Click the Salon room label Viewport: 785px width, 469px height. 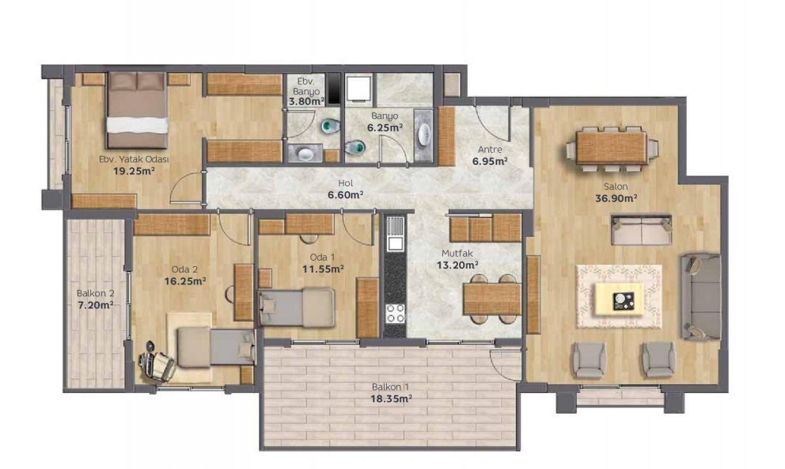click(616, 186)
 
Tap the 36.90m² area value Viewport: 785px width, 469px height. click(616, 198)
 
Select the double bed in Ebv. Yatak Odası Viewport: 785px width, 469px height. click(137, 110)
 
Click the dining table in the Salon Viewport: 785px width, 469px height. click(611, 147)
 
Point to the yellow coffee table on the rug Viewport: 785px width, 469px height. click(619, 299)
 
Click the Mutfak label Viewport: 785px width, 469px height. click(457, 254)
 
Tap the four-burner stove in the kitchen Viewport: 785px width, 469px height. click(395, 313)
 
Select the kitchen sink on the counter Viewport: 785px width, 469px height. click(395, 233)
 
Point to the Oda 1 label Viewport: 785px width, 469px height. click(322, 257)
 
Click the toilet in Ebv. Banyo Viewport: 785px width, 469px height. click(330, 125)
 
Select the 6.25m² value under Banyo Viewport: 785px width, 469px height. click(385, 128)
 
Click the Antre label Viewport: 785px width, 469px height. click(490, 149)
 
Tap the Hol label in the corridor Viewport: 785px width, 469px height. click(346, 183)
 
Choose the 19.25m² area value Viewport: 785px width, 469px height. click(134, 171)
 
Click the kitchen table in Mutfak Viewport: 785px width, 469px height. click(492, 299)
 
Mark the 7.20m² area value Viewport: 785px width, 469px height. click(95, 305)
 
